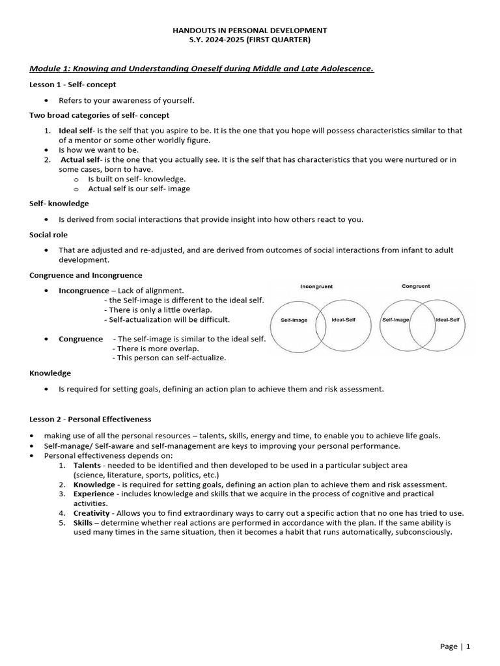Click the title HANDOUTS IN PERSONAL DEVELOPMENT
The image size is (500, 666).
coord(250,31)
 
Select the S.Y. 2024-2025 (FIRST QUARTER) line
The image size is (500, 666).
coord(250,40)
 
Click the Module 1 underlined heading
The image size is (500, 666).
coord(202,69)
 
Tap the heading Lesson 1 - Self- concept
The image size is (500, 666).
coord(73,85)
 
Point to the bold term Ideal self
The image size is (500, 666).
coord(76,131)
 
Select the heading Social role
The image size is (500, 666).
coord(48,234)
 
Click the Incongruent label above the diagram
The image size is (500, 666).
coord(316,286)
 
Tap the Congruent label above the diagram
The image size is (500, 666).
coord(415,286)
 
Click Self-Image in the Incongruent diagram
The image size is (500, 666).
coord(294,320)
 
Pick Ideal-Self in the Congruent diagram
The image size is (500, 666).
coord(447,320)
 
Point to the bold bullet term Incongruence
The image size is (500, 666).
coord(84,291)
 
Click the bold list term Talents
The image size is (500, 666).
coord(87,466)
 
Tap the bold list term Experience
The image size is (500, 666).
coord(94,494)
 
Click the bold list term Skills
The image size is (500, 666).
coord(83,522)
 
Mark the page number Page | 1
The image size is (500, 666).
coord(455,646)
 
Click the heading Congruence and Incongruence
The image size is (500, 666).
coord(86,275)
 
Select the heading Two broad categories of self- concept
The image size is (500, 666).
coord(99,115)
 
